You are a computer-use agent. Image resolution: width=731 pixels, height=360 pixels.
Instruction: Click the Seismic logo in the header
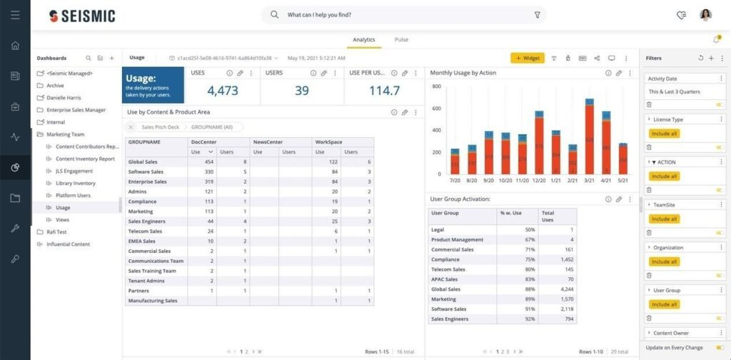(x=82, y=16)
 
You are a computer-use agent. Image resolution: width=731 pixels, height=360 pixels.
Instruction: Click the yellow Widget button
(x=528, y=58)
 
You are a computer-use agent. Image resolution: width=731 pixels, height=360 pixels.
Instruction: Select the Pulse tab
(x=401, y=40)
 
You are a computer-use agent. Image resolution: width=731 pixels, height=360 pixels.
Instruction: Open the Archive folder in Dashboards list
(x=54, y=86)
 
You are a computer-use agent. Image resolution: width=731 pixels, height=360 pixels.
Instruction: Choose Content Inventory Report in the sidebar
(x=85, y=159)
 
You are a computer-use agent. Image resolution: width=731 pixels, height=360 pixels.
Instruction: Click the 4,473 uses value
(x=223, y=91)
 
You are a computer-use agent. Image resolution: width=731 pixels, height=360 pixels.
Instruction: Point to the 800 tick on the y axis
(x=436, y=86)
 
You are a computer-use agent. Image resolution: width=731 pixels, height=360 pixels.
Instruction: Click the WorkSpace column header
(x=328, y=142)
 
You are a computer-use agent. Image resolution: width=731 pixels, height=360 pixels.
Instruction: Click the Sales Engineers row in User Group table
(x=450, y=319)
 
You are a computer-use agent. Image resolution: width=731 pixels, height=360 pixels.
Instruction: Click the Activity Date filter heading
(x=662, y=79)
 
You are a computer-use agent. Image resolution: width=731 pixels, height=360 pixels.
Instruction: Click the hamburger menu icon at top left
(x=15, y=15)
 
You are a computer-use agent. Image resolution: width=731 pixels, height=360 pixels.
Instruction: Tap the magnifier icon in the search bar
(x=275, y=15)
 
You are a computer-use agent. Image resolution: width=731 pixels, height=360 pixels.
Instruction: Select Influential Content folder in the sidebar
(x=69, y=244)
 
